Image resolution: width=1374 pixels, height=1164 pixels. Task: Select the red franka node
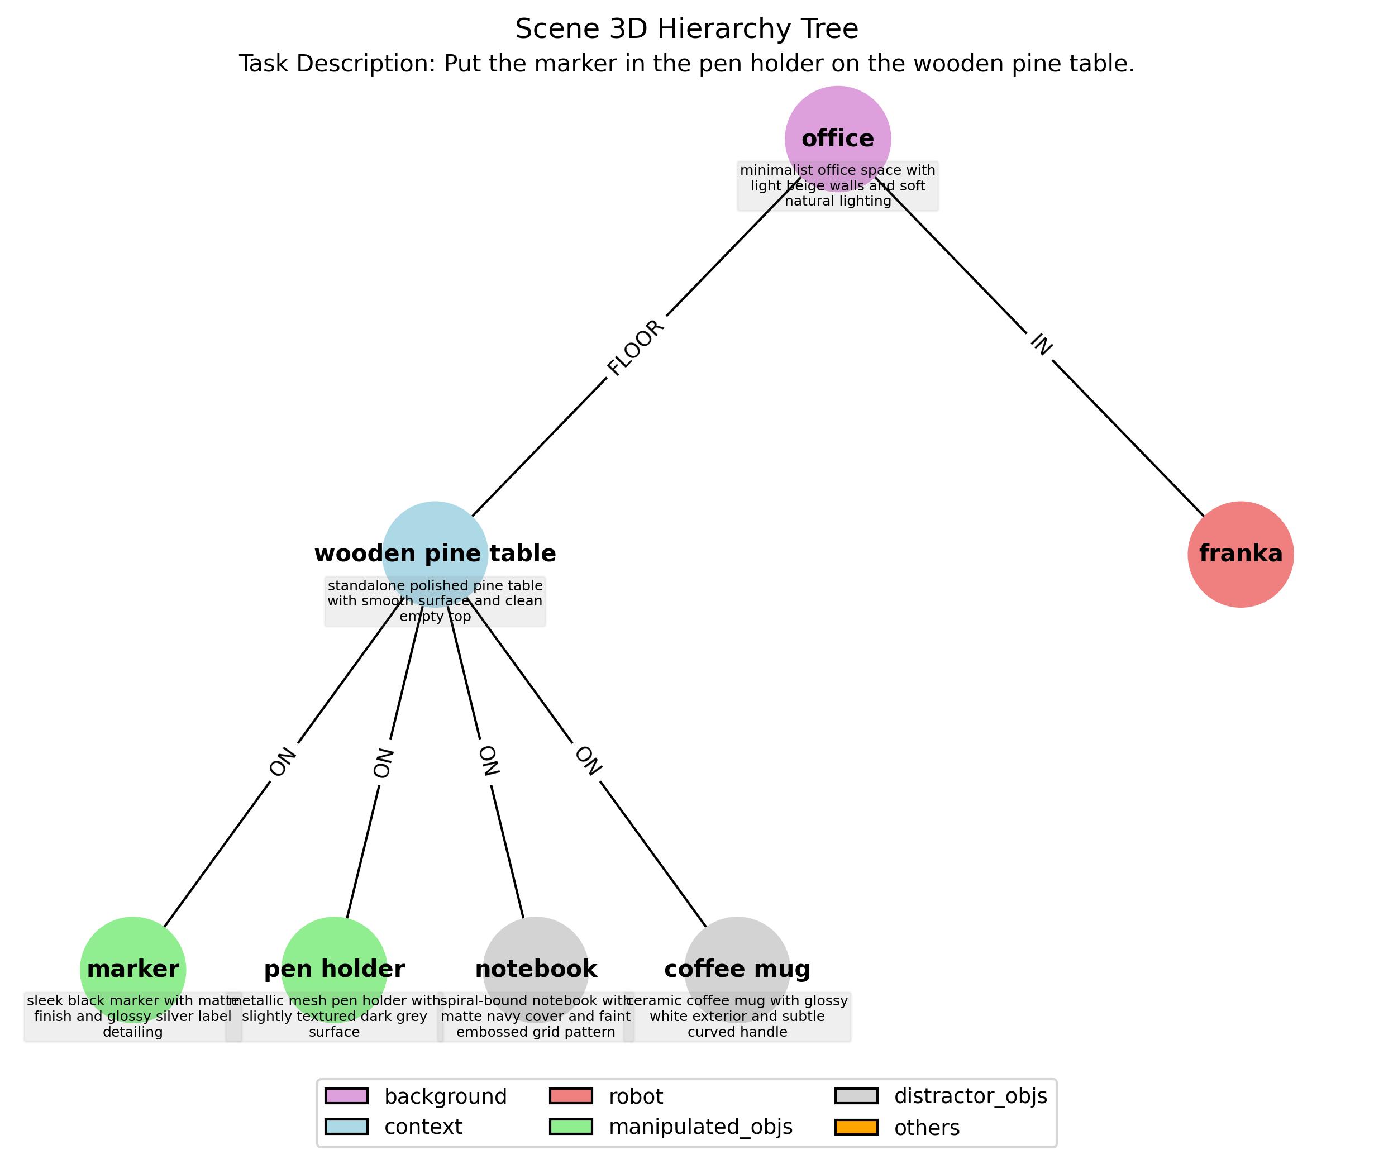[x=1239, y=554]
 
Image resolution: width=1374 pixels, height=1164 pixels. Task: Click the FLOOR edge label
[x=636, y=348]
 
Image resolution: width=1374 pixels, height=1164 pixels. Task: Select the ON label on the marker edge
[x=283, y=762]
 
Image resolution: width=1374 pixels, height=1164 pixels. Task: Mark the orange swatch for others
[x=856, y=1127]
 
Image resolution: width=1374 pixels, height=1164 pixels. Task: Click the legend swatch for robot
[x=571, y=1096]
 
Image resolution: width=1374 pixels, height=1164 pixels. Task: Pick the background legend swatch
[x=346, y=1096]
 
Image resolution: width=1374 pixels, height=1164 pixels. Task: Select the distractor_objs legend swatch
[x=856, y=1096]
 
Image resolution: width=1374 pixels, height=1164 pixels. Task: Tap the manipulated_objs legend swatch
[x=571, y=1127]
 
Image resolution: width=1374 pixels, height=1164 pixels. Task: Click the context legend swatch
[x=346, y=1127]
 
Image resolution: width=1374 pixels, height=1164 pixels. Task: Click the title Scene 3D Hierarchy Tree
[x=686, y=29]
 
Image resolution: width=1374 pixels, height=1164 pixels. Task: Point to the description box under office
[x=837, y=187]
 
